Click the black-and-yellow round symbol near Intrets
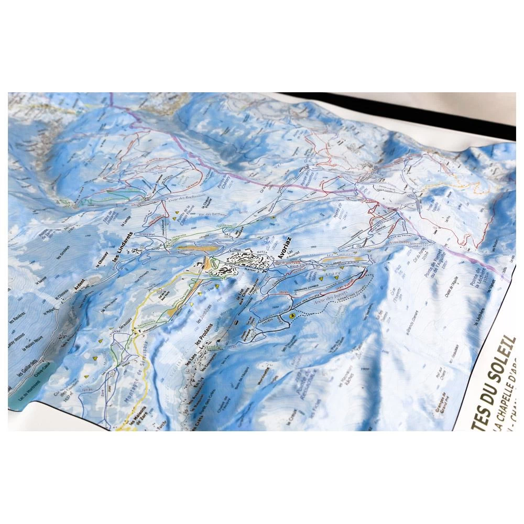(x=292, y=316)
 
